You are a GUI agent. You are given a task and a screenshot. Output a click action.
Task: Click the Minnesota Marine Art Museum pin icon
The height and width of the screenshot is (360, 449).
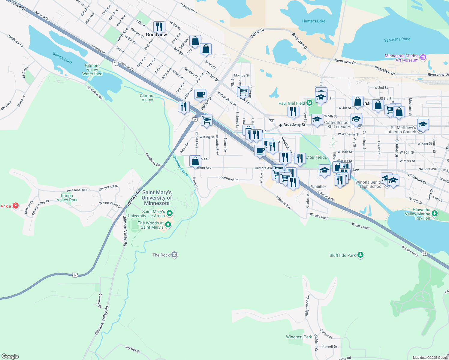pyautogui.click(x=423, y=57)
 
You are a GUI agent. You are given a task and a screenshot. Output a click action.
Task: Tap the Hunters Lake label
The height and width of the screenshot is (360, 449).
pyautogui.click(x=314, y=21)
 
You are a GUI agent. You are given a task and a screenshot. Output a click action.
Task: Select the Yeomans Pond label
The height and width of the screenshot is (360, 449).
pyautogui.click(x=397, y=39)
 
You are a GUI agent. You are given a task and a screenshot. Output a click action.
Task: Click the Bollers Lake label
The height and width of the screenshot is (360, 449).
pyautogui.click(x=62, y=58)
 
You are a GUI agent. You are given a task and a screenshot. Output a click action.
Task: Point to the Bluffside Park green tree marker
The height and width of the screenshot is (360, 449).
pyautogui.click(x=360, y=255)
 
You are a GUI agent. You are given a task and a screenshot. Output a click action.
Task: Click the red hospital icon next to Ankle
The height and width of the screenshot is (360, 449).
pyautogui.click(x=16, y=206)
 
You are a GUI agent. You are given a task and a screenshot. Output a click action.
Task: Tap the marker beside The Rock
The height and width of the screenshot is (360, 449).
pyautogui.click(x=174, y=255)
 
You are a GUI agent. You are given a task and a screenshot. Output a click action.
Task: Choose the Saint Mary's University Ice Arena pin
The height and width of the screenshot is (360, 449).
pyautogui.click(x=170, y=213)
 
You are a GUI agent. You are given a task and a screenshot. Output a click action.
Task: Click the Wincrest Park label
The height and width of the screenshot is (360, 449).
pyautogui.click(x=299, y=337)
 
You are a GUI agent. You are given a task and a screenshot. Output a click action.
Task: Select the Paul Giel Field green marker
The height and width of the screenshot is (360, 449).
pyautogui.click(x=309, y=103)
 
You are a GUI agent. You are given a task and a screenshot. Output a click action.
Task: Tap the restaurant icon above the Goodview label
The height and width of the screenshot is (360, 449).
pyautogui.click(x=159, y=27)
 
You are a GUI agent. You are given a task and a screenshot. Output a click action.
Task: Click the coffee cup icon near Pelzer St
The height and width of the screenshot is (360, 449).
pyautogui.click(x=200, y=94)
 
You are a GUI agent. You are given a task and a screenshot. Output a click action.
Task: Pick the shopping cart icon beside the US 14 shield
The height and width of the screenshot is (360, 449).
pyautogui.click(x=206, y=120)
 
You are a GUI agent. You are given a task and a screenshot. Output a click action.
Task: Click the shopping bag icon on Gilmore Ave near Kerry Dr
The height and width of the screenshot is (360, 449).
pyautogui.click(x=195, y=161)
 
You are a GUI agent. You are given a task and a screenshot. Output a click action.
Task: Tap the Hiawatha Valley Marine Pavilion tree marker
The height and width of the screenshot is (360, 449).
pyautogui.click(x=434, y=214)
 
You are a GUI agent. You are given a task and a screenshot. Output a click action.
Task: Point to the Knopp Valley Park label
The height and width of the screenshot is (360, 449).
pyautogui.click(x=67, y=198)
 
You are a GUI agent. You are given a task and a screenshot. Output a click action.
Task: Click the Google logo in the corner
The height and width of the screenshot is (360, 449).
pyautogui.click(x=10, y=356)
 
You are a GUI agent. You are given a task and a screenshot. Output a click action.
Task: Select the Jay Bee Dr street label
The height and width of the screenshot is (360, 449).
pyautogui.click(x=133, y=349)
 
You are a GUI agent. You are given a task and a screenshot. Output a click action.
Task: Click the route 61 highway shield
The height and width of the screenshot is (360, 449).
pyautogui.click(x=115, y=63)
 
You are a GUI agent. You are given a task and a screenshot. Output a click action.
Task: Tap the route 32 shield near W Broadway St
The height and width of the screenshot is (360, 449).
pyautogui.click(x=271, y=121)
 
